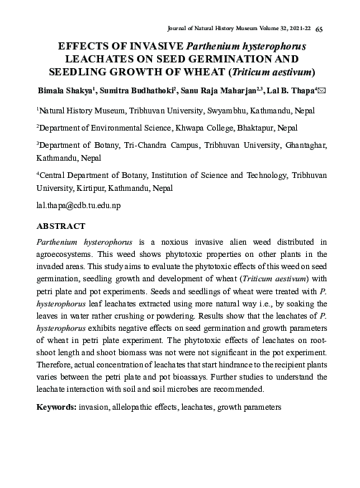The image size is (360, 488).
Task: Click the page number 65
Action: (x=320, y=27)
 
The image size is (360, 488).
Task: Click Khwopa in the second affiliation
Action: (x=191, y=128)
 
